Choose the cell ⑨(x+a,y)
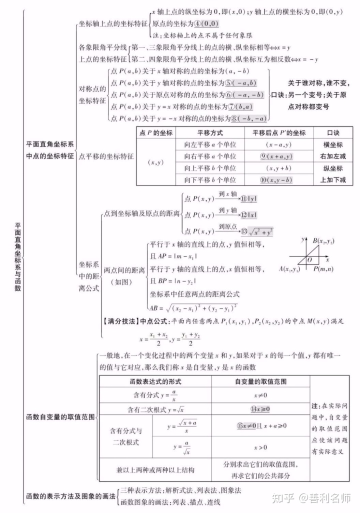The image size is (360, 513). pyautogui.click(x=276, y=156)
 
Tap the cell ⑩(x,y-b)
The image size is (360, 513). pyautogui.click(x=276, y=179)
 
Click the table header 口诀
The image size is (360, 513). pyautogui.click(x=333, y=133)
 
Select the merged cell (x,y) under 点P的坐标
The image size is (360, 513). pyautogui.click(x=155, y=162)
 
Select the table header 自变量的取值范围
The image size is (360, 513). pyautogui.click(x=260, y=381)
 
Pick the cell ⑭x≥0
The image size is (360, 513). pyautogui.click(x=260, y=409)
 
